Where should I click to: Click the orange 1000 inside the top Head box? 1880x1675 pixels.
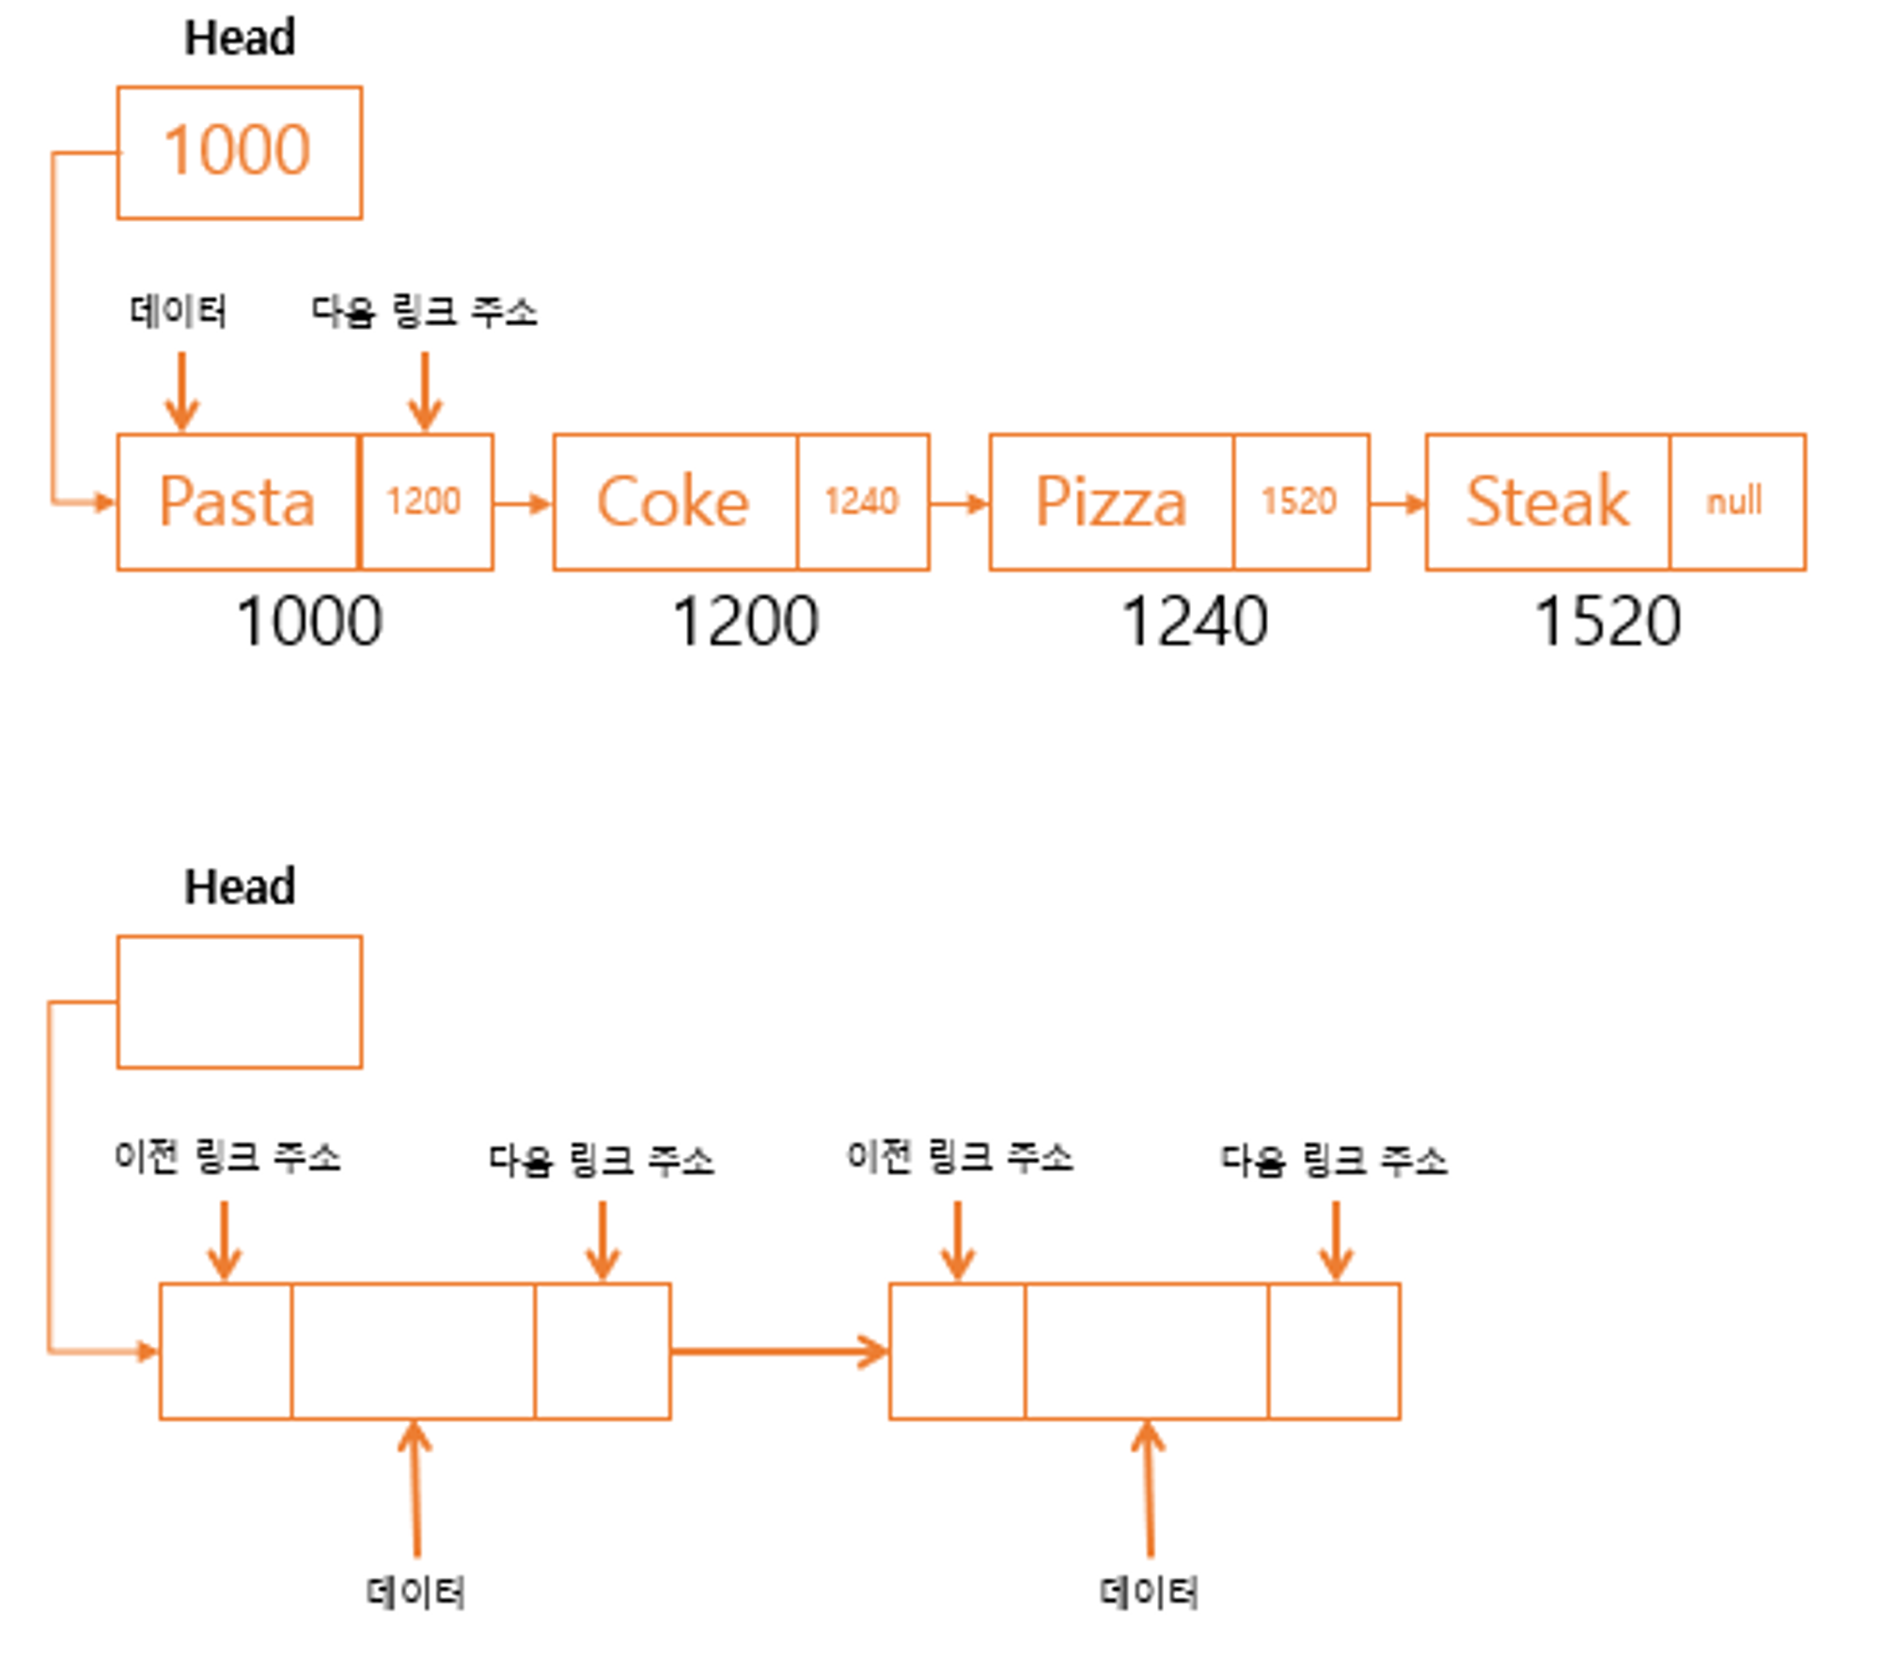coord(237,150)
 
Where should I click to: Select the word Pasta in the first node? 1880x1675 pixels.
coord(237,501)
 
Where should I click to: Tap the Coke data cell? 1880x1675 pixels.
coord(675,502)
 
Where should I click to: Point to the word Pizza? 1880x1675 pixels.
coord(1111,501)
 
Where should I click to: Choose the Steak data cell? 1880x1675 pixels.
coord(1548,502)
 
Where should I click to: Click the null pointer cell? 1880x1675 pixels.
coord(1737,502)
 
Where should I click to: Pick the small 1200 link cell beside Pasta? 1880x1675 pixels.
coord(427,502)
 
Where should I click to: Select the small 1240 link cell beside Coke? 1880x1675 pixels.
coord(863,502)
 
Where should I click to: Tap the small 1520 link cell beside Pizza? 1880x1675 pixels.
coord(1301,502)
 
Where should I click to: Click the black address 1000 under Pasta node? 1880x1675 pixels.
coord(309,622)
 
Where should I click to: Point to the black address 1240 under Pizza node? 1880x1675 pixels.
coord(1195,622)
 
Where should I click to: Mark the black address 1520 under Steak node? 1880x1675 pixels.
coord(1607,622)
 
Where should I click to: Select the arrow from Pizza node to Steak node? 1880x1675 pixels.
coord(1398,504)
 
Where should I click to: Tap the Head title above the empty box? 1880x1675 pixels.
coord(240,886)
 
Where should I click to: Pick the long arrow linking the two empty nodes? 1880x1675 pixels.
coord(779,1352)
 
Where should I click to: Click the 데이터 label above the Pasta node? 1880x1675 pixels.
coord(179,311)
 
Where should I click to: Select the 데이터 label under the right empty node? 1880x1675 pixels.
coord(1149,1592)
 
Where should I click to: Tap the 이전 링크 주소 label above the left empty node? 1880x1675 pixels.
coord(227,1156)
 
